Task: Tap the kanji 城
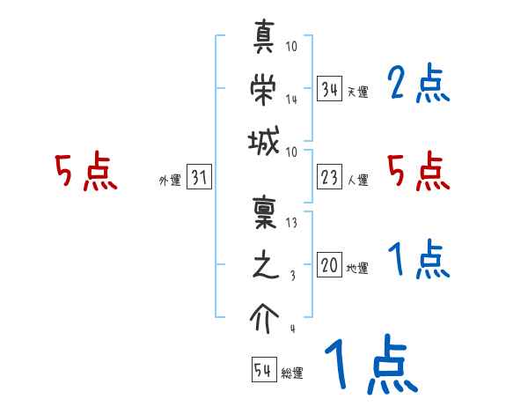[x=265, y=140]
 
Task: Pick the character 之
[x=265, y=265]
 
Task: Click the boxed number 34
[x=330, y=90]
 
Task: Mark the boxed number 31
[x=198, y=179]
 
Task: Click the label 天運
[x=357, y=92]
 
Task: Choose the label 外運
[x=170, y=181]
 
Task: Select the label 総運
[x=291, y=373]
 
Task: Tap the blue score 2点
[x=419, y=85]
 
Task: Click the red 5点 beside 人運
[x=419, y=172]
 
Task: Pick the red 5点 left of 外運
[x=85, y=172]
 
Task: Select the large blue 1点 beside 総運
[x=369, y=366]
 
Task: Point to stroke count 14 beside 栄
[x=291, y=100]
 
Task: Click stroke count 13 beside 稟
[x=291, y=223]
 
